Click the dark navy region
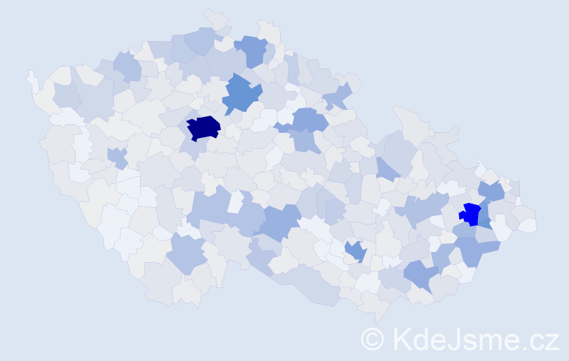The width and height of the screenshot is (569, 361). [x=204, y=128]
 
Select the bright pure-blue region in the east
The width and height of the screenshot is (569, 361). [x=470, y=214]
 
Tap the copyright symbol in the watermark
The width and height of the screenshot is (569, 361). [x=373, y=339]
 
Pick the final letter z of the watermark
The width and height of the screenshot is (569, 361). [x=551, y=340]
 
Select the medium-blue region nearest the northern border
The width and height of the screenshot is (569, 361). [x=252, y=51]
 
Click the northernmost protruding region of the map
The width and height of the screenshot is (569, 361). [x=216, y=17]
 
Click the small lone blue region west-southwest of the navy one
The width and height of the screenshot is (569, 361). [x=117, y=157]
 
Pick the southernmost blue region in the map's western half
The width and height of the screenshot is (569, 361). [x=188, y=254]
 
